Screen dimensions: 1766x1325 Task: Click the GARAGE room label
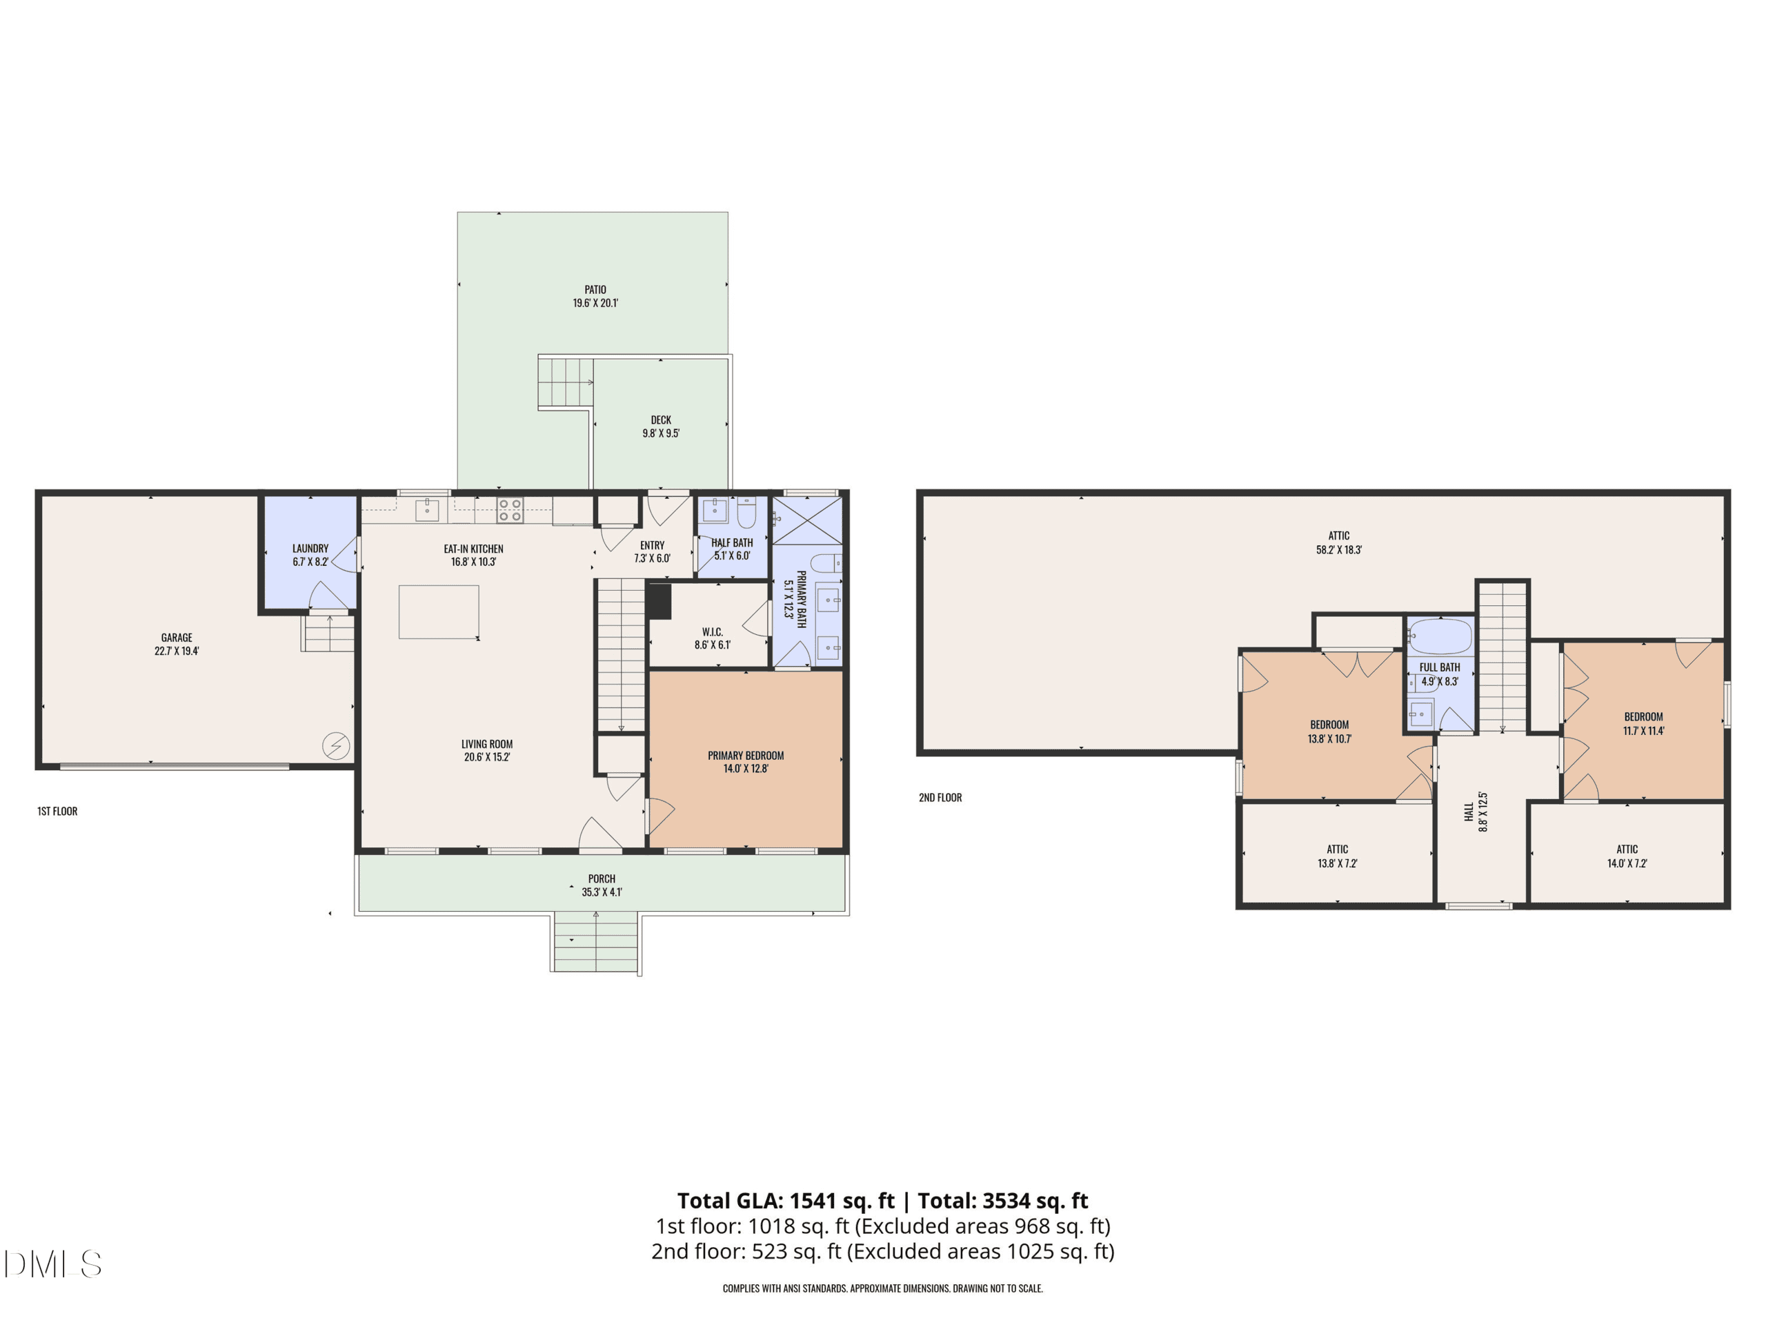[177, 638]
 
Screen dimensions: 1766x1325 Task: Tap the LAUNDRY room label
[310, 549]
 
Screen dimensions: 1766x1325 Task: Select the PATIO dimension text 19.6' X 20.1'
[595, 304]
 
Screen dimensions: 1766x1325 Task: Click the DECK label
[661, 420]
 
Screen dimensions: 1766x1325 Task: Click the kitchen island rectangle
[439, 612]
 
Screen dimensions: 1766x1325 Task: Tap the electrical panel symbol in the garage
[336, 746]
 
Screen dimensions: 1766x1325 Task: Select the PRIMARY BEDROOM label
[746, 756]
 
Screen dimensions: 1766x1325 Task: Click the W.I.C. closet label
[712, 631]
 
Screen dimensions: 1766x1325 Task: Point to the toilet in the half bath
[746, 513]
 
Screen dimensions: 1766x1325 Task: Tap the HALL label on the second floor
[1469, 812]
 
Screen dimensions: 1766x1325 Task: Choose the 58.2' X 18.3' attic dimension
[1339, 549]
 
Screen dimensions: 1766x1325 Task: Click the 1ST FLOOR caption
[57, 812]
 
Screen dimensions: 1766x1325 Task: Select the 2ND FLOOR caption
[940, 798]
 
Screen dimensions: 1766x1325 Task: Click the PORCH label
[602, 879]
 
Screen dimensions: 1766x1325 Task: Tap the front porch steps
[595, 943]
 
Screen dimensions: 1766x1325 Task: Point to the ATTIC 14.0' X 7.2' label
[1627, 856]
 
